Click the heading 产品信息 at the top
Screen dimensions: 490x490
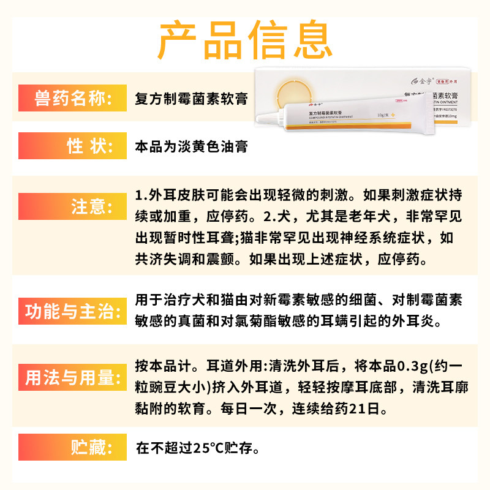coord(245,40)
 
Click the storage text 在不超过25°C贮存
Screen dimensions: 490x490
coord(197,447)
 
